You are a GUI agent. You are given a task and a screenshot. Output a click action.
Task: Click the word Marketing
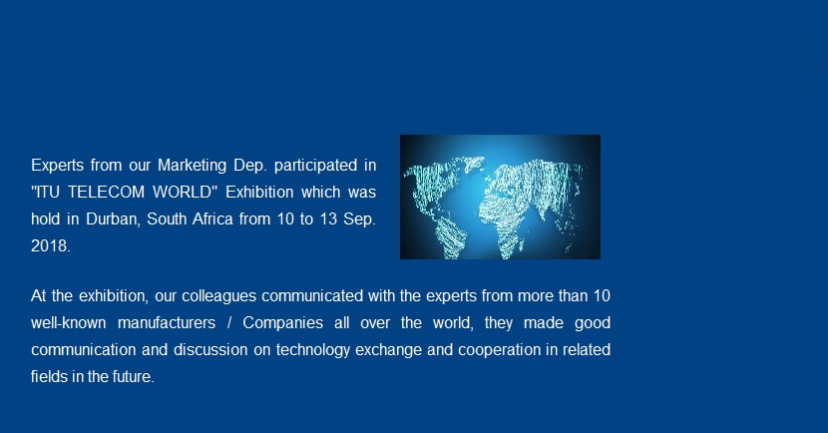193,166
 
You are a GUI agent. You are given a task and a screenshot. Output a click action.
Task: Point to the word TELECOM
106,193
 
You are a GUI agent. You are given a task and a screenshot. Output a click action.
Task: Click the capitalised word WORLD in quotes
183,193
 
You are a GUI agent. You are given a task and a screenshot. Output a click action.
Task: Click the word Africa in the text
212,219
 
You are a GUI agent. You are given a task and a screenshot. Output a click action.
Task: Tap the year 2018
49,246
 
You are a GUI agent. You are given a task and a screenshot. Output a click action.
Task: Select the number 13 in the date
328,219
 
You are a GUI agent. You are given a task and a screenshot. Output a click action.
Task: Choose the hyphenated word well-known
69,322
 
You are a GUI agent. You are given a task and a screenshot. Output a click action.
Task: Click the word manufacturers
167,322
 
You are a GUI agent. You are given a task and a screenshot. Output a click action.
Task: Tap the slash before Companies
229,322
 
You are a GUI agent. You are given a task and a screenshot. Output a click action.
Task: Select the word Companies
283,323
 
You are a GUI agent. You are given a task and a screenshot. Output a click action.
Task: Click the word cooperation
499,350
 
